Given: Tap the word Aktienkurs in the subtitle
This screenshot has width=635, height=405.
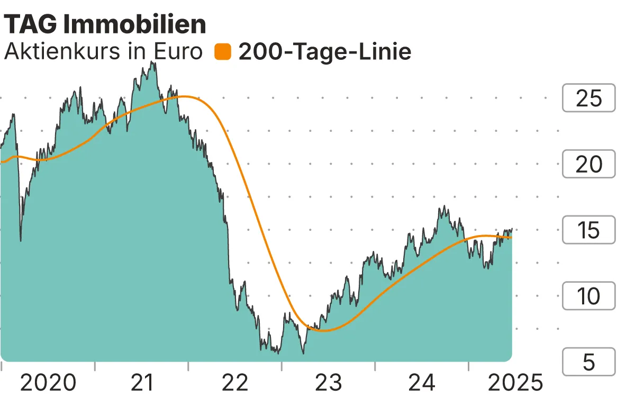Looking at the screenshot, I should tap(57, 52).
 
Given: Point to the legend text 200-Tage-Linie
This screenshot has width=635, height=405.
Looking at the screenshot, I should tap(325, 52).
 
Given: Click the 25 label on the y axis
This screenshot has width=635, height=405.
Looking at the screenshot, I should tap(588, 98).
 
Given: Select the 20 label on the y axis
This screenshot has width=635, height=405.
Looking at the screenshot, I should tap(588, 164).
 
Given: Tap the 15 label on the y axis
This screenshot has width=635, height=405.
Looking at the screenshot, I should tap(588, 230).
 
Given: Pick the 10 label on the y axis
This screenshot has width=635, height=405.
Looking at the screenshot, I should tap(588, 296).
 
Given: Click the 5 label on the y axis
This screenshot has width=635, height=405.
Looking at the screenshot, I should tap(588, 362).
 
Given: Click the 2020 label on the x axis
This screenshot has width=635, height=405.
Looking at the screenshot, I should tap(48, 382).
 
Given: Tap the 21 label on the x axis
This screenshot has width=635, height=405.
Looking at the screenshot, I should tap(142, 382).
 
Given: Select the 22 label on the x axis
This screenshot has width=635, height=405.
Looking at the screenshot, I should tap(235, 382).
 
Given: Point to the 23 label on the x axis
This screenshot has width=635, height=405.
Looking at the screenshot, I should tap(329, 382).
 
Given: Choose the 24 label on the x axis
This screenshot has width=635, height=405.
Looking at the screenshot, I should tap(422, 382).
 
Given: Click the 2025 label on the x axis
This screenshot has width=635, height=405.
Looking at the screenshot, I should tap(515, 382).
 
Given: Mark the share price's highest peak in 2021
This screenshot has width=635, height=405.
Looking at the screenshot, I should tap(152, 62).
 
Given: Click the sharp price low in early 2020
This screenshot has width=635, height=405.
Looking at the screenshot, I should tap(21, 241).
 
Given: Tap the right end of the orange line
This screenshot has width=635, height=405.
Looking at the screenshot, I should tap(511, 237).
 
